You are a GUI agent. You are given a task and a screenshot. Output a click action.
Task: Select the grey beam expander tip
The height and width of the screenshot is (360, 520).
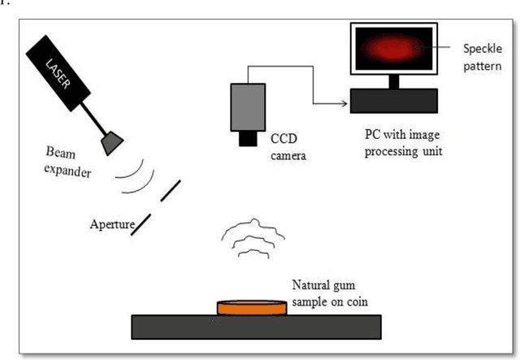click(x=110, y=143)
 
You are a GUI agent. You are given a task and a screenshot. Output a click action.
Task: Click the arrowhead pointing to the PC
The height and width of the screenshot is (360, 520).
click(x=340, y=102)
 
